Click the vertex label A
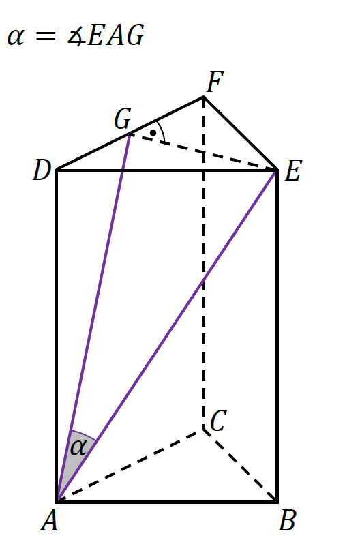(x=49, y=520)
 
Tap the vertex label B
(x=287, y=520)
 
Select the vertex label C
(x=218, y=421)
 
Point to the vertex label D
(x=42, y=170)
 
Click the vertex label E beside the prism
(x=293, y=170)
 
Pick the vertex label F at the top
(x=215, y=82)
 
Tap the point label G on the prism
(x=123, y=119)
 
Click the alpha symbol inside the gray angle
(x=78, y=448)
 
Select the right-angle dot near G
(x=153, y=132)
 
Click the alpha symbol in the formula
(x=16, y=37)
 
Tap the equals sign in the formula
(x=46, y=36)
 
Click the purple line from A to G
(x=93, y=317)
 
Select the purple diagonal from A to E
(x=167, y=335)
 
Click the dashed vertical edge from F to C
(x=204, y=263)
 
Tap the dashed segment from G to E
(x=203, y=152)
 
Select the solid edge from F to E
(x=241, y=134)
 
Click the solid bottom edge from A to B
(x=167, y=502)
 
